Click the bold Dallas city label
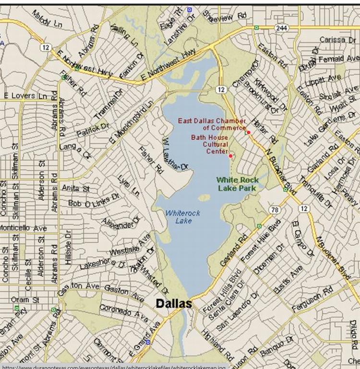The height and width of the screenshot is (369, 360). pyautogui.click(x=173, y=304)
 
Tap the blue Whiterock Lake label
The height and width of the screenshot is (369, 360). pyautogui.click(x=182, y=217)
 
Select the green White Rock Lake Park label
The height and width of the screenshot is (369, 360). pyautogui.click(x=237, y=184)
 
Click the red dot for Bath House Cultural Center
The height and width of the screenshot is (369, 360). pyautogui.click(x=230, y=156)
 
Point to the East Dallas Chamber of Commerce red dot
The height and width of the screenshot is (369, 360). pyautogui.click(x=249, y=132)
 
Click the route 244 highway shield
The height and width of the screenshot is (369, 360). pyautogui.click(x=281, y=28)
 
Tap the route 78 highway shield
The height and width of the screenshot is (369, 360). pyautogui.click(x=275, y=209)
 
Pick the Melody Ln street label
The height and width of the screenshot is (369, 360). pyautogui.click(x=47, y=18)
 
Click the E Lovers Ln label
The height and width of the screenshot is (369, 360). pyautogui.click(x=25, y=96)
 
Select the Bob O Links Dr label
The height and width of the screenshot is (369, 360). pyautogui.click(x=94, y=200)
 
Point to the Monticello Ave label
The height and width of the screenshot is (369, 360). pyautogui.click(x=23, y=228)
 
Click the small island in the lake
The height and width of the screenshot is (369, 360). pyautogui.click(x=204, y=197)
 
